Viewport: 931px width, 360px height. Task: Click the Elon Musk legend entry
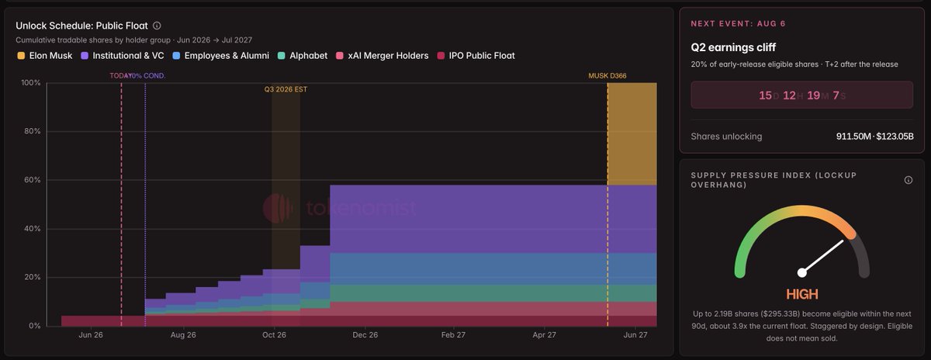coord(44,56)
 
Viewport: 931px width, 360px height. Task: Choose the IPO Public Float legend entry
coord(476,56)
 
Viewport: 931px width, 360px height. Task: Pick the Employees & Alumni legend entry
coord(220,56)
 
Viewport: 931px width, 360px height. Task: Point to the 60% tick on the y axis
coord(33,180)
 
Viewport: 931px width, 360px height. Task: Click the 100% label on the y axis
coord(31,83)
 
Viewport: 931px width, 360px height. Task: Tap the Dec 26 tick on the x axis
coord(365,335)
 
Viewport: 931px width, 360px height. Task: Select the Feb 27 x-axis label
coord(453,335)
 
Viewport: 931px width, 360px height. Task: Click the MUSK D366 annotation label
coord(607,76)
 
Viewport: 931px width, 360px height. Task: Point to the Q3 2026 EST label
coord(286,89)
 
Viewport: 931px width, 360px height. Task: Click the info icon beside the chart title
coord(157,26)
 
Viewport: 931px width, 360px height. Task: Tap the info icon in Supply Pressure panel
coord(909,180)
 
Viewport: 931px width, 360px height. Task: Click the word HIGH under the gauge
coord(801,294)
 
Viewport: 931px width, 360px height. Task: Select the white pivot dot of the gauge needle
coord(801,272)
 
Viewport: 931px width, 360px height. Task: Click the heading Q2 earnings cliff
coord(733,47)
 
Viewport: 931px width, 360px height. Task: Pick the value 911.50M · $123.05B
coord(875,137)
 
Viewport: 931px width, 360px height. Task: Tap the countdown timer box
coord(801,95)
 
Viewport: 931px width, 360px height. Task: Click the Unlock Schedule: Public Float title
coord(82,26)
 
